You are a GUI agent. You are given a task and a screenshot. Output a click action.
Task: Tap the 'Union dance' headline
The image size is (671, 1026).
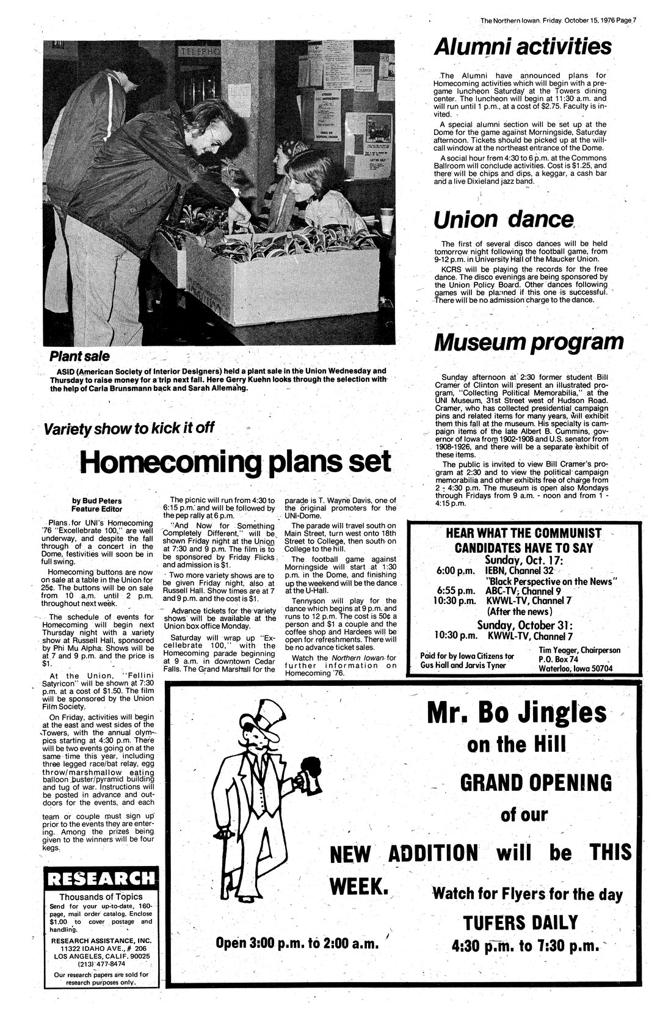(504, 220)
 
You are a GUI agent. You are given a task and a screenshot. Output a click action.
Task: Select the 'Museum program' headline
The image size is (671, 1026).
(529, 342)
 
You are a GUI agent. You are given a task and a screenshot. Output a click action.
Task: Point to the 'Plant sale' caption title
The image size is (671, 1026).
(79, 356)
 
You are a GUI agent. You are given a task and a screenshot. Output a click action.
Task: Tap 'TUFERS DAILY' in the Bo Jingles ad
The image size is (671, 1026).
(520, 922)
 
